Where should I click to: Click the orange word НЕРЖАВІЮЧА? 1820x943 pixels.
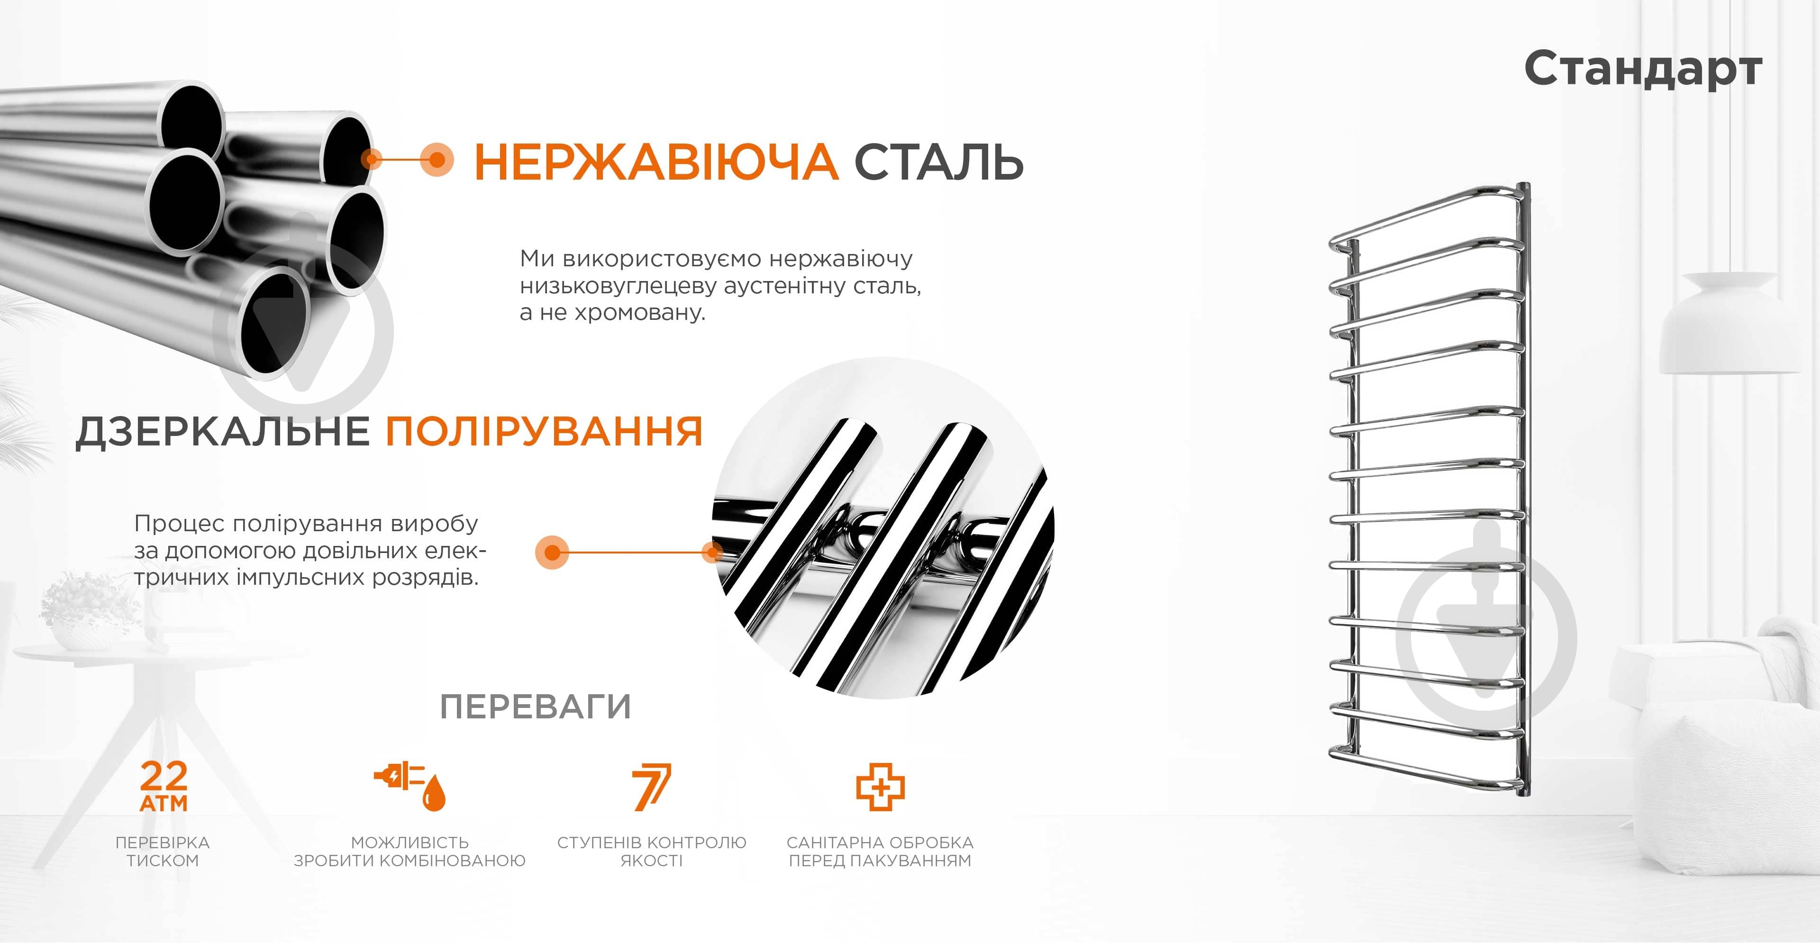(655, 162)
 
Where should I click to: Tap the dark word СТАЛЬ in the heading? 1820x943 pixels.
(939, 162)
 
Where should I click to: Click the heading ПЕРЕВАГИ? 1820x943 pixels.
(535, 707)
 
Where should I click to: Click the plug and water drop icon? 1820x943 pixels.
(410, 786)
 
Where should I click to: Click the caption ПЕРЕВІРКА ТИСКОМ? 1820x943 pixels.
(163, 851)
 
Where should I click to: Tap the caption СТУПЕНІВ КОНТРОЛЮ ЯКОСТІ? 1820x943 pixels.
(651, 851)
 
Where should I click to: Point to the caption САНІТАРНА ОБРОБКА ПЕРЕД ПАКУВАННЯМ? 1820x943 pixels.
(880, 851)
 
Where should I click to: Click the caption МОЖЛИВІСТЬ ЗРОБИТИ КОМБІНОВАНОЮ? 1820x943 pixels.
(410, 851)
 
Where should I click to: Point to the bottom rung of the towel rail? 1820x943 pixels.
(1427, 770)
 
